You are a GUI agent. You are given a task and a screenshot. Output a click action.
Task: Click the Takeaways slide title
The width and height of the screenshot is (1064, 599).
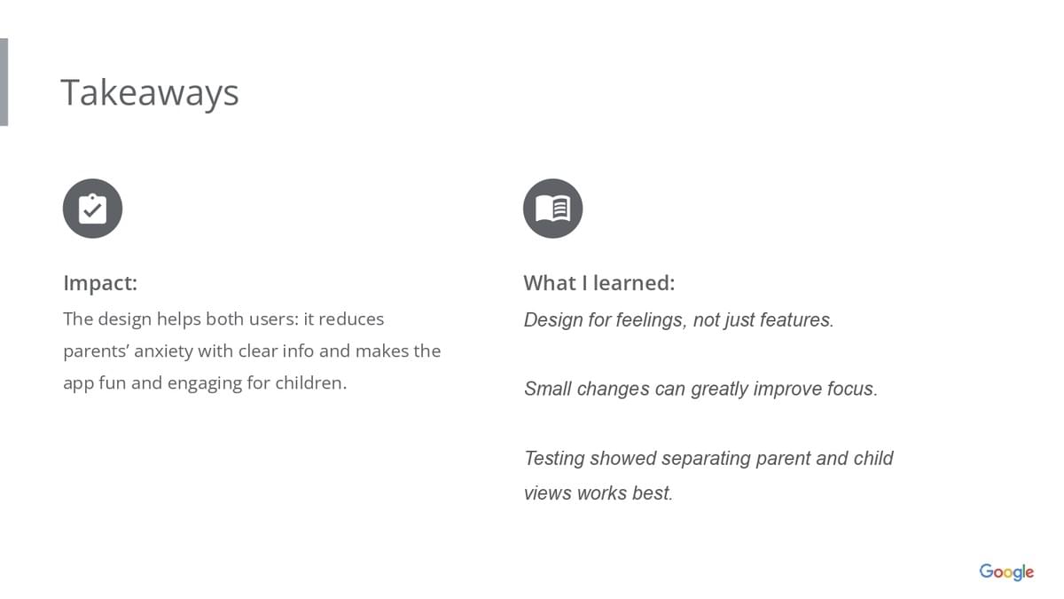(x=150, y=92)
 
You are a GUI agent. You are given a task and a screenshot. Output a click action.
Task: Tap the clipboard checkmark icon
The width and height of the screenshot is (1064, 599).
(x=92, y=209)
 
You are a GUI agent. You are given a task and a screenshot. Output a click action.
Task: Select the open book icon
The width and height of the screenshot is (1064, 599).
(x=553, y=209)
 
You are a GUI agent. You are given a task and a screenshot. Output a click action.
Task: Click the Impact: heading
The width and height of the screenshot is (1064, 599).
(x=100, y=283)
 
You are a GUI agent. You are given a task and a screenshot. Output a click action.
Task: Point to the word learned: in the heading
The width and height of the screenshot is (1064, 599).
(x=634, y=283)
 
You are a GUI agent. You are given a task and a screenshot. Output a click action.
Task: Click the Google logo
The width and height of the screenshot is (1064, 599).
(x=1006, y=571)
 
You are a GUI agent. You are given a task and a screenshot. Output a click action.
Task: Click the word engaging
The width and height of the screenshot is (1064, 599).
(x=205, y=383)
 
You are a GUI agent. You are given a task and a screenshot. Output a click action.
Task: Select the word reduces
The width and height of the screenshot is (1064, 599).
(x=351, y=319)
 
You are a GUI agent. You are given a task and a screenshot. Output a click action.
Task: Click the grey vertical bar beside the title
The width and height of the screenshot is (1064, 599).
(x=4, y=82)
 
